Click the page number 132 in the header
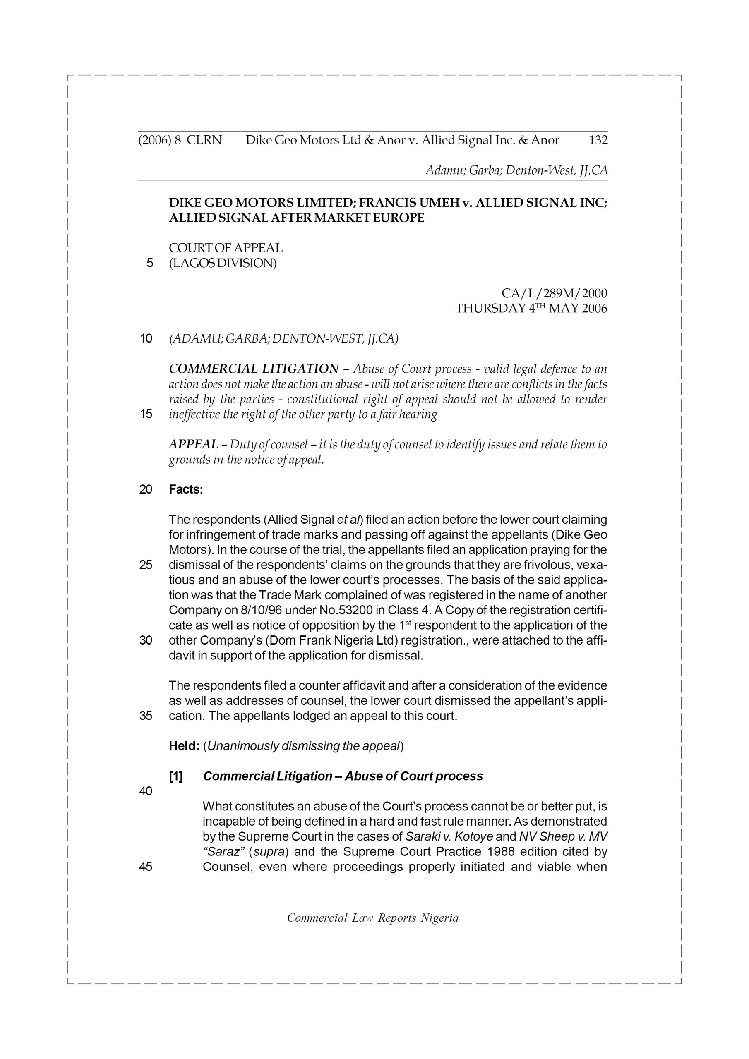(598, 140)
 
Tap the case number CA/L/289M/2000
(554, 293)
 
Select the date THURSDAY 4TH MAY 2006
(531, 309)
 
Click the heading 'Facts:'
(186, 489)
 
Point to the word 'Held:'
(184, 746)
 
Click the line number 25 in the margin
(145, 565)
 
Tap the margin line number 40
(145, 791)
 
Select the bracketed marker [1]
(176, 777)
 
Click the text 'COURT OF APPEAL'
(226, 248)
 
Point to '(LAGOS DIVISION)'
(223, 264)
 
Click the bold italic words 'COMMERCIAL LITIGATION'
(254, 369)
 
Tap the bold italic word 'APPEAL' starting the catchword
(193, 445)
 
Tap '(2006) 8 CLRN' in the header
(180, 140)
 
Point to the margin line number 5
(149, 264)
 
